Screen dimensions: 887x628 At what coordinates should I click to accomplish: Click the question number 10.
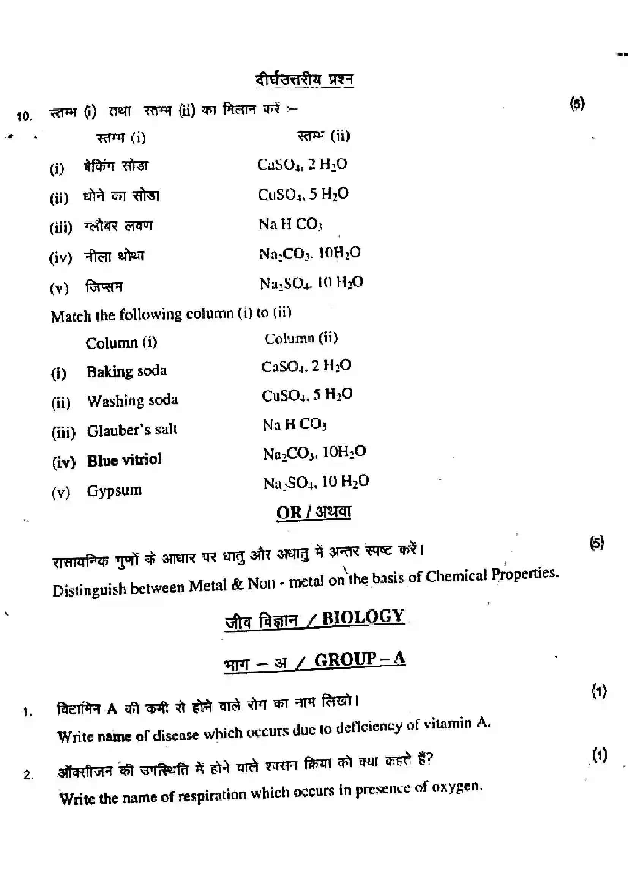24,116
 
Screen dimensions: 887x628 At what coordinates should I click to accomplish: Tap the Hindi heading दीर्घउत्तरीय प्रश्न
304,80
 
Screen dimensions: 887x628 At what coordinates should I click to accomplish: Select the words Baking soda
126,371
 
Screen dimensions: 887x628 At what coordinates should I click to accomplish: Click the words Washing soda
132,400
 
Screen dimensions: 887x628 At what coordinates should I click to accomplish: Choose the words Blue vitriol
124,460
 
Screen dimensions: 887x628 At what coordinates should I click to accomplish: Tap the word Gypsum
114,491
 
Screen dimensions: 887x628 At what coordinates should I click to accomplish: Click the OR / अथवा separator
313,512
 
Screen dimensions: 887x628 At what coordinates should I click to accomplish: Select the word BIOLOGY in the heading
363,617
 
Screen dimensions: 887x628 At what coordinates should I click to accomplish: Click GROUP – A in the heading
359,659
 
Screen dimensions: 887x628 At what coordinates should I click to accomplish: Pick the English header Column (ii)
301,338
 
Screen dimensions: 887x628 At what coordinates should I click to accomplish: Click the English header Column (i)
121,343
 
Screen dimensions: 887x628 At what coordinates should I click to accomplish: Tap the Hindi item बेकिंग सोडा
116,166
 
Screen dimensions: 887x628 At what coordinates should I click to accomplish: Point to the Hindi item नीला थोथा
114,256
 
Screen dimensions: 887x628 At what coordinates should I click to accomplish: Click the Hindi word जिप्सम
104,287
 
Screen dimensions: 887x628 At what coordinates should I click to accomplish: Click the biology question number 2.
28,775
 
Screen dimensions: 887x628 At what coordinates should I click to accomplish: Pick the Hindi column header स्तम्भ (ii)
323,136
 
